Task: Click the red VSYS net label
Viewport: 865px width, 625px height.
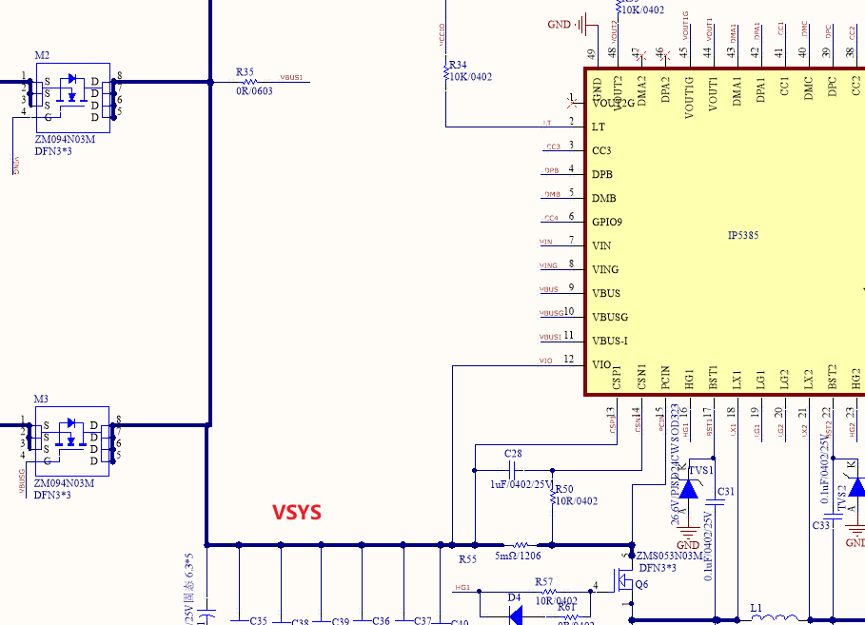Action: tap(297, 513)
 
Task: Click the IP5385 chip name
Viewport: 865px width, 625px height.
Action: tap(742, 235)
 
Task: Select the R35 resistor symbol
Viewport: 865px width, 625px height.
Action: tap(251, 82)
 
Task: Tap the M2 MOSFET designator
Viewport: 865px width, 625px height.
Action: tap(42, 56)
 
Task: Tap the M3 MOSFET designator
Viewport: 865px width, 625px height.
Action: tap(41, 399)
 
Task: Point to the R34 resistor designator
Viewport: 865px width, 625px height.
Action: tap(458, 65)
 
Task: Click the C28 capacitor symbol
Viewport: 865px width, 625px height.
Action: tap(514, 470)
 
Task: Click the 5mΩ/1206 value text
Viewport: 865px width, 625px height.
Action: tap(518, 557)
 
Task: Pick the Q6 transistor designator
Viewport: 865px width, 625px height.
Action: tap(641, 584)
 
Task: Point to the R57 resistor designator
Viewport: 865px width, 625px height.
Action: tap(543, 581)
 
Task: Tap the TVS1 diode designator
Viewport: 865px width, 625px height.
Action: tap(701, 471)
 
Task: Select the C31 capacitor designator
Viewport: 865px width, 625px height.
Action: tap(726, 491)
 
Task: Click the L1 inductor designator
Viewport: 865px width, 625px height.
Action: tap(757, 607)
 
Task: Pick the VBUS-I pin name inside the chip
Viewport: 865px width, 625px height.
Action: tap(610, 341)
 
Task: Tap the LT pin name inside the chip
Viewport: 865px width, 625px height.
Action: tap(598, 127)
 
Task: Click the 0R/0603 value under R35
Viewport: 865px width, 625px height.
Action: tap(254, 91)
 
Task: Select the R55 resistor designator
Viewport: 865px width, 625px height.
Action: tap(467, 558)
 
